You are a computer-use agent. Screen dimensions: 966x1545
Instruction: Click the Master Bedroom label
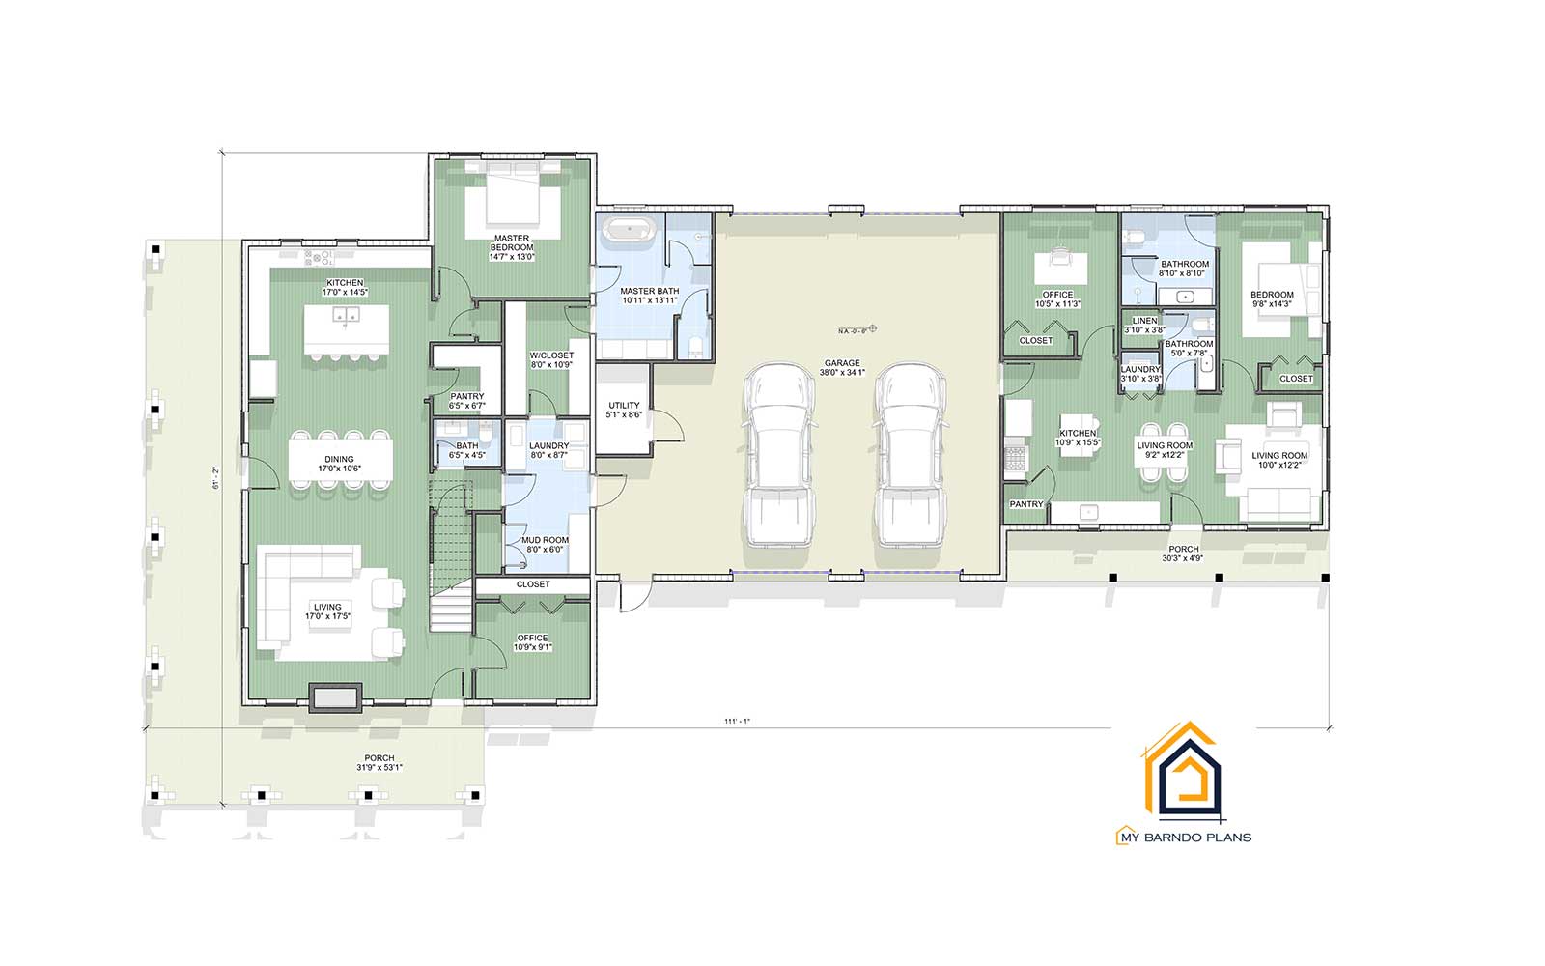511,247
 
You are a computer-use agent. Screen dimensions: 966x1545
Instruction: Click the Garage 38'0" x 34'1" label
842,368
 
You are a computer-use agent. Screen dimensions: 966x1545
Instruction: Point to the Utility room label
624,410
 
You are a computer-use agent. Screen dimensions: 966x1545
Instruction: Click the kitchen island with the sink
347,327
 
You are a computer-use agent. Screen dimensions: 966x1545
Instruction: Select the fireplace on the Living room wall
335,698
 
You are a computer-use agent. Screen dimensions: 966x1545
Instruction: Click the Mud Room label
545,545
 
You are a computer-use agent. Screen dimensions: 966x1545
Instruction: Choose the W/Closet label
551,360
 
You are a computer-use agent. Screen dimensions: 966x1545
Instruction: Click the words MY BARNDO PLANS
1184,837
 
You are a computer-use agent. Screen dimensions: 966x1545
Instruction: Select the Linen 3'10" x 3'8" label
1144,326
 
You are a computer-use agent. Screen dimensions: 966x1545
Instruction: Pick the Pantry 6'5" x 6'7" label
467,401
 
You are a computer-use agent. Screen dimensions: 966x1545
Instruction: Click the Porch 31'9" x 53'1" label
379,763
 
